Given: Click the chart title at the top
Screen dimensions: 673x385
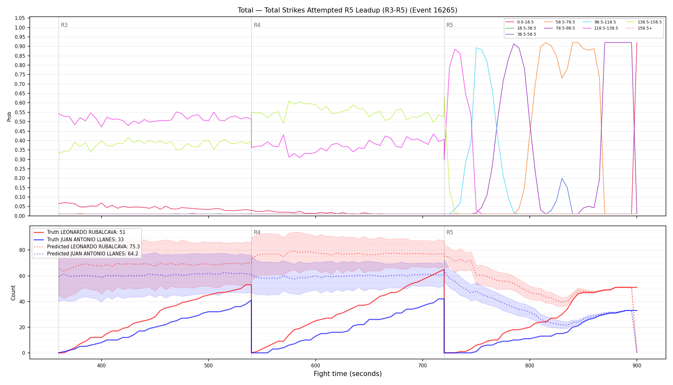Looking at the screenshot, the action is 347,10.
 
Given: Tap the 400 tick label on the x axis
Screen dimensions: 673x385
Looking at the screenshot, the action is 102,365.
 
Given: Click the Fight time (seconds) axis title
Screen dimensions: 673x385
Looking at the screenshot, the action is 348,374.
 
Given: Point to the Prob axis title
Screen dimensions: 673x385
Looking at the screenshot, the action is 9,116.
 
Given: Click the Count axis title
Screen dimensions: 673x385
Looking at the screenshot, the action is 13,293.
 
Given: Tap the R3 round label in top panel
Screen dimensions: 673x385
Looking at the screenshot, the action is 64,25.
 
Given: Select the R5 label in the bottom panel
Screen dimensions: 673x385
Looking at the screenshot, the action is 450,232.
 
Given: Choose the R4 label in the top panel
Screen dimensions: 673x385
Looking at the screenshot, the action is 257,25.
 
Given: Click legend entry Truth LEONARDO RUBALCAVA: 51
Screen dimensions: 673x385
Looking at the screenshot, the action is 86,232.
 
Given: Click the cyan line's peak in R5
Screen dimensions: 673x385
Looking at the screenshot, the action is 476,48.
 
